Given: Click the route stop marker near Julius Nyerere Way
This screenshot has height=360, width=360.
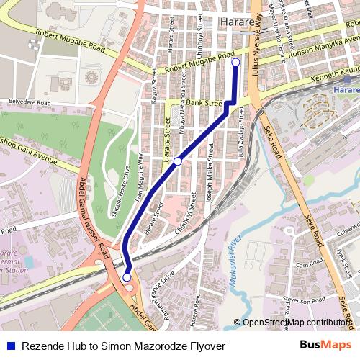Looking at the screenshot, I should point(235,63).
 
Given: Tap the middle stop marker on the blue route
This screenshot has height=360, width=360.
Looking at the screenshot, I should point(177,161).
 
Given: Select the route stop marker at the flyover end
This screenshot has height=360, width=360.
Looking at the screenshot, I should point(127,276).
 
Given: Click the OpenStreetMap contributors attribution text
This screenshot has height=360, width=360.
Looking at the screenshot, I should point(297,323).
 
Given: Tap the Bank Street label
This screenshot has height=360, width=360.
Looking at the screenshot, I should point(204,104).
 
